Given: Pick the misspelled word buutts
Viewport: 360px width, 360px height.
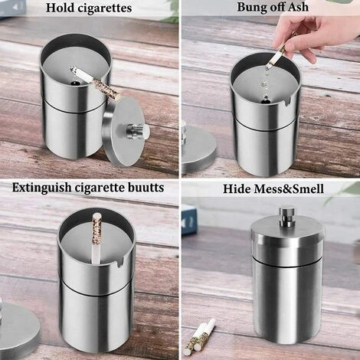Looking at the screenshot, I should (142, 188).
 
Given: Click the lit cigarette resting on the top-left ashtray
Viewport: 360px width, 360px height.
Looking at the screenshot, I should (95, 83).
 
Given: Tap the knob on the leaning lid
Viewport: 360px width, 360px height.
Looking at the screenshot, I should (141, 131).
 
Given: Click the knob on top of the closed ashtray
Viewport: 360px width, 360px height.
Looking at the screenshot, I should (288, 217).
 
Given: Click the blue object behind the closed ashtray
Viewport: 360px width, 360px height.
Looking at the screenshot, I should (188, 219).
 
